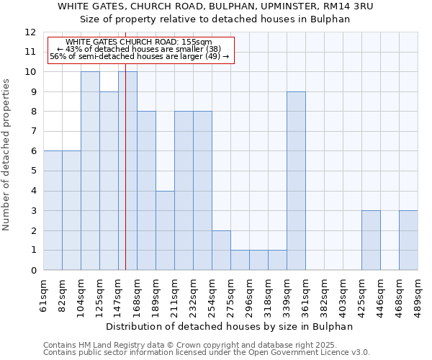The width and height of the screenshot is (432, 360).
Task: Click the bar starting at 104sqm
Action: click(90, 171)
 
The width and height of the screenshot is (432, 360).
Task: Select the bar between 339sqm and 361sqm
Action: click(296, 181)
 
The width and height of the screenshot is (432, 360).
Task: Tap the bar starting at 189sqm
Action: click(165, 230)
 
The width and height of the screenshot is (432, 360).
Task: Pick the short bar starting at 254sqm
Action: click(221, 250)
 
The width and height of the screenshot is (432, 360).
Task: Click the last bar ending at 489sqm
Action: click(408, 240)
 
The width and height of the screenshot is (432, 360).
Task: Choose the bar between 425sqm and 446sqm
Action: click(371, 240)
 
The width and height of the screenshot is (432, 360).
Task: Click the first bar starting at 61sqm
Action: click(53, 210)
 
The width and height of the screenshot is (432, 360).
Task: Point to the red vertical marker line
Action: click(125, 180)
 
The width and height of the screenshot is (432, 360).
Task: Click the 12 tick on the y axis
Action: click(30, 32)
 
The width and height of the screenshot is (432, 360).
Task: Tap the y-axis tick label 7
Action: click(33, 132)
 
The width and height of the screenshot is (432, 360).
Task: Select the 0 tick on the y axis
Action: click(33, 271)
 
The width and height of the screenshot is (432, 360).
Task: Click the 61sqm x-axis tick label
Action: click(44, 295)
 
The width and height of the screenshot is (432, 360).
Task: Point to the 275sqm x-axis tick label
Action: click(231, 295)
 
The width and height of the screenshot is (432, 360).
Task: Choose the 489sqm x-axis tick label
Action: click(418, 295)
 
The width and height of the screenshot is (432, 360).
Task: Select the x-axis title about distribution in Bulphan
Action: click(234, 326)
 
